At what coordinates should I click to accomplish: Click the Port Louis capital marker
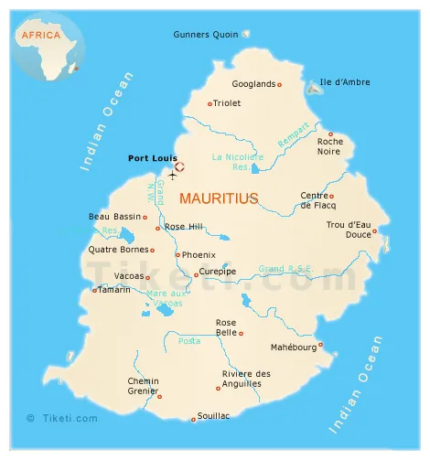180,166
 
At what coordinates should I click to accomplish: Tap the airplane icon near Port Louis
172,174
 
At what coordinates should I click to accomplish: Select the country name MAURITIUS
218,198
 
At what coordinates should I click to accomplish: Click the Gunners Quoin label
206,35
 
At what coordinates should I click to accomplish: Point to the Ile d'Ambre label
345,82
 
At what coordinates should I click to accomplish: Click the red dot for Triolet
210,103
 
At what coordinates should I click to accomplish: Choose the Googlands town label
253,84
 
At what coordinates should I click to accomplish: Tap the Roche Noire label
330,147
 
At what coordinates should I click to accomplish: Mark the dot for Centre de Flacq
332,196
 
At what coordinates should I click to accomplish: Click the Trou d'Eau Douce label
348,230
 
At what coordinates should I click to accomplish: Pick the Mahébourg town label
293,348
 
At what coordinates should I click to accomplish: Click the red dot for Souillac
193,420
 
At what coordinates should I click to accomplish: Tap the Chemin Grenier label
143,386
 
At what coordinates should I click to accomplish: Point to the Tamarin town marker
94,290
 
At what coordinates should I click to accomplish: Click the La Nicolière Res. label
237,161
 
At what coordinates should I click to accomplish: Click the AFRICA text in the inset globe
40,35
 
